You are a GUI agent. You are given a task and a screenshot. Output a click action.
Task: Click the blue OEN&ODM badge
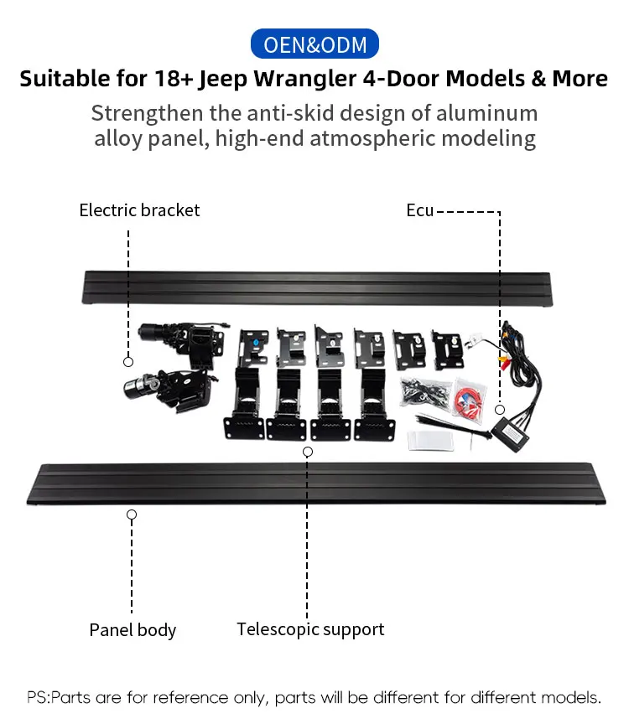click(314, 44)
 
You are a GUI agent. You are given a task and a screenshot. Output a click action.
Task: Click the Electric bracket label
click(139, 210)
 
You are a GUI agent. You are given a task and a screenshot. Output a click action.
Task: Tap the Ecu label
click(419, 210)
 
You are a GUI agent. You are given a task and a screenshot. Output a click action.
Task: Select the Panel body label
click(133, 629)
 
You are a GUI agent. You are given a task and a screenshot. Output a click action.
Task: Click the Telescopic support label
click(310, 628)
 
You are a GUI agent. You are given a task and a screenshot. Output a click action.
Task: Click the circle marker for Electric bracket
click(128, 361)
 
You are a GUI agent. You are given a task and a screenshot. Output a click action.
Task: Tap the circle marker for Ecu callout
click(500, 410)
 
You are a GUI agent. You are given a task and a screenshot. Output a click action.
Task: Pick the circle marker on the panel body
click(132, 514)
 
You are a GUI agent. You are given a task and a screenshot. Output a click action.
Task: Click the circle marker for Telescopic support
click(308, 452)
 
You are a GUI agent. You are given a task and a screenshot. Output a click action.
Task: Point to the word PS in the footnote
click(37, 697)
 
